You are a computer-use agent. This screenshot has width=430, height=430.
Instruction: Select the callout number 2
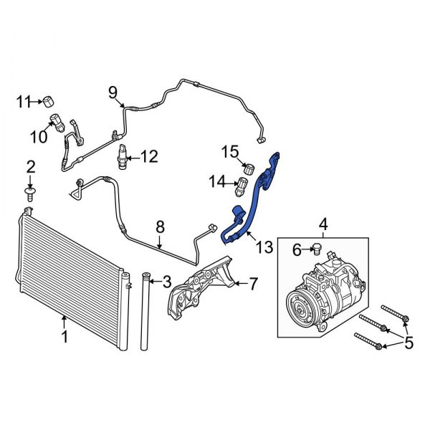[x=31, y=167]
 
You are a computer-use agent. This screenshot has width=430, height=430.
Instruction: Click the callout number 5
[x=409, y=343]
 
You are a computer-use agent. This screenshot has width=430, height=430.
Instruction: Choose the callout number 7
[x=252, y=285]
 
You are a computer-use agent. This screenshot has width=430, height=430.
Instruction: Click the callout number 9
[x=113, y=91]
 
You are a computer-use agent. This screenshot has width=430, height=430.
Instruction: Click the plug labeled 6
[x=314, y=248]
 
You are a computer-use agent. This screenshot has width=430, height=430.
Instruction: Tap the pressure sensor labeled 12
[x=125, y=156]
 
